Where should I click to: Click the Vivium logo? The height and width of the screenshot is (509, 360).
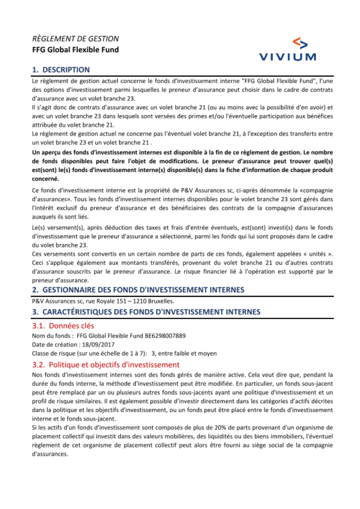(x=288, y=49)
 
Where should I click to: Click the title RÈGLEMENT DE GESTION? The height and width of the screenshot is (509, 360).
(x=75, y=39)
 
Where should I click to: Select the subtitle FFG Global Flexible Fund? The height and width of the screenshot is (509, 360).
(x=75, y=50)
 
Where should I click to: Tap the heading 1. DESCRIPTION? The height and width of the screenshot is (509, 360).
(x=61, y=70)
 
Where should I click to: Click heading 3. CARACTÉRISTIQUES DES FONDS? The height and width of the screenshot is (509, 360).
(x=146, y=312)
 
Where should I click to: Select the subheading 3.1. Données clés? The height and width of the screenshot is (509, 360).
(x=63, y=326)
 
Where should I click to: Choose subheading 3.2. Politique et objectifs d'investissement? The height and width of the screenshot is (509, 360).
(x=106, y=365)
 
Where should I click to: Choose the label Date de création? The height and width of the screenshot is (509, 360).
(x=54, y=345)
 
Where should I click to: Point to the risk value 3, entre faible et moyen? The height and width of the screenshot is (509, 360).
(x=184, y=353)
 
